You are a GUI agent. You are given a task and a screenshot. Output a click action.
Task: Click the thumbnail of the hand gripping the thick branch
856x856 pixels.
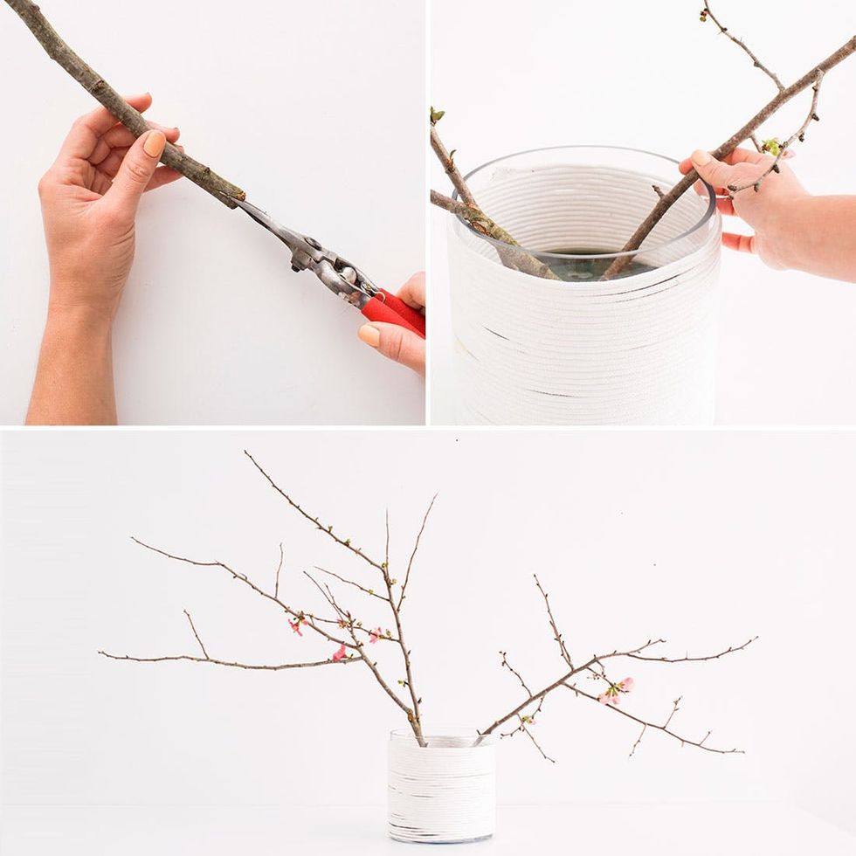coord(155,143)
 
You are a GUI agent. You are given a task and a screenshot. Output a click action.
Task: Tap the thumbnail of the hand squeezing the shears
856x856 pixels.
coord(369,335)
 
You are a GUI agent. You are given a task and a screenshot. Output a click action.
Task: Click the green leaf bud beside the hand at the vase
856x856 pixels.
coord(771,146)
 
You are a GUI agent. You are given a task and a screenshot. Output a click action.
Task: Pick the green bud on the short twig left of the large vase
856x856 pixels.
coord(437,114)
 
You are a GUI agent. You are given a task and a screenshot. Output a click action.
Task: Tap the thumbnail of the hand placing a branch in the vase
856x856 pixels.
coord(701,158)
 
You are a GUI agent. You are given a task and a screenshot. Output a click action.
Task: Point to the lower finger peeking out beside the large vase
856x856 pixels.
coord(738,243)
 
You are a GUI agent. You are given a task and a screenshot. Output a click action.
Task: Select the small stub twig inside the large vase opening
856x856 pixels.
coord(659,190)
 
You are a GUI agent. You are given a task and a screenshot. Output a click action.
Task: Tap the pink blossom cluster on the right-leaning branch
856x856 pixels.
coord(615,690)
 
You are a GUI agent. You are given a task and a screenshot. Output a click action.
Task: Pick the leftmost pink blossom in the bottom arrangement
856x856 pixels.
coord(296,625)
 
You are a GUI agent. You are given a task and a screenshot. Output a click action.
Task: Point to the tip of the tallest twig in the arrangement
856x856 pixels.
coord(245,452)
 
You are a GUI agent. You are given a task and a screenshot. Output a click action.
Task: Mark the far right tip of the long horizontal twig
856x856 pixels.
coord(756,639)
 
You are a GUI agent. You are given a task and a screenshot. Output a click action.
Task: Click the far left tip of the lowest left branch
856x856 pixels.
coord(100,653)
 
